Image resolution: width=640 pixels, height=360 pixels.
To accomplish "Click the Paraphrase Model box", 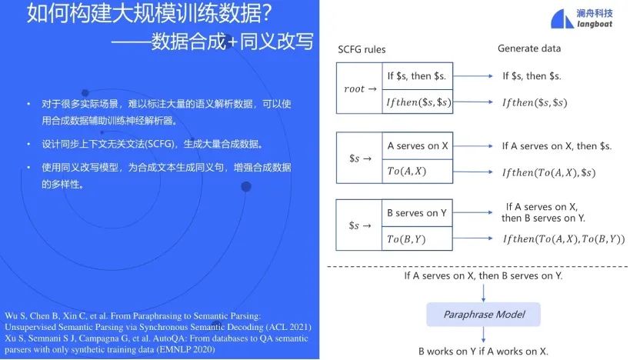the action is click(x=482, y=314).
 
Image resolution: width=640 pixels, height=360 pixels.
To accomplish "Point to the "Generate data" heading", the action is click(x=528, y=48).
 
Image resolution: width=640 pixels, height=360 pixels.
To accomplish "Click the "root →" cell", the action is click(x=359, y=88).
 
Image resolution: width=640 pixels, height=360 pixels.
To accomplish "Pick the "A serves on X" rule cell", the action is click(x=418, y=146).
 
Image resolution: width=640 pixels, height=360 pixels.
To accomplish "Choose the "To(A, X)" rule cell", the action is click(x=406, y=172).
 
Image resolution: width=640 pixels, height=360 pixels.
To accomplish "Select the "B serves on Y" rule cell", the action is click(x=418, y=213).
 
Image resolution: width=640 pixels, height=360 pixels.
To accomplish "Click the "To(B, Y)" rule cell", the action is click(x=406, y=238).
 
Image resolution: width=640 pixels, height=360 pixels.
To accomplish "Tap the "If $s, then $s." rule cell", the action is click(x=416, y=75).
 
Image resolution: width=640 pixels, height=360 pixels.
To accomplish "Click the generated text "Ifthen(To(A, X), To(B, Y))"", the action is click(x=563, y=239).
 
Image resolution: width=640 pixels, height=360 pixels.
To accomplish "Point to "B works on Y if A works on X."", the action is click(x=483, y=351).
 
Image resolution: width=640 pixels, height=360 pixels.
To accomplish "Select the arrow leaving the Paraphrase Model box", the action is click(x=483, y=335).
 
